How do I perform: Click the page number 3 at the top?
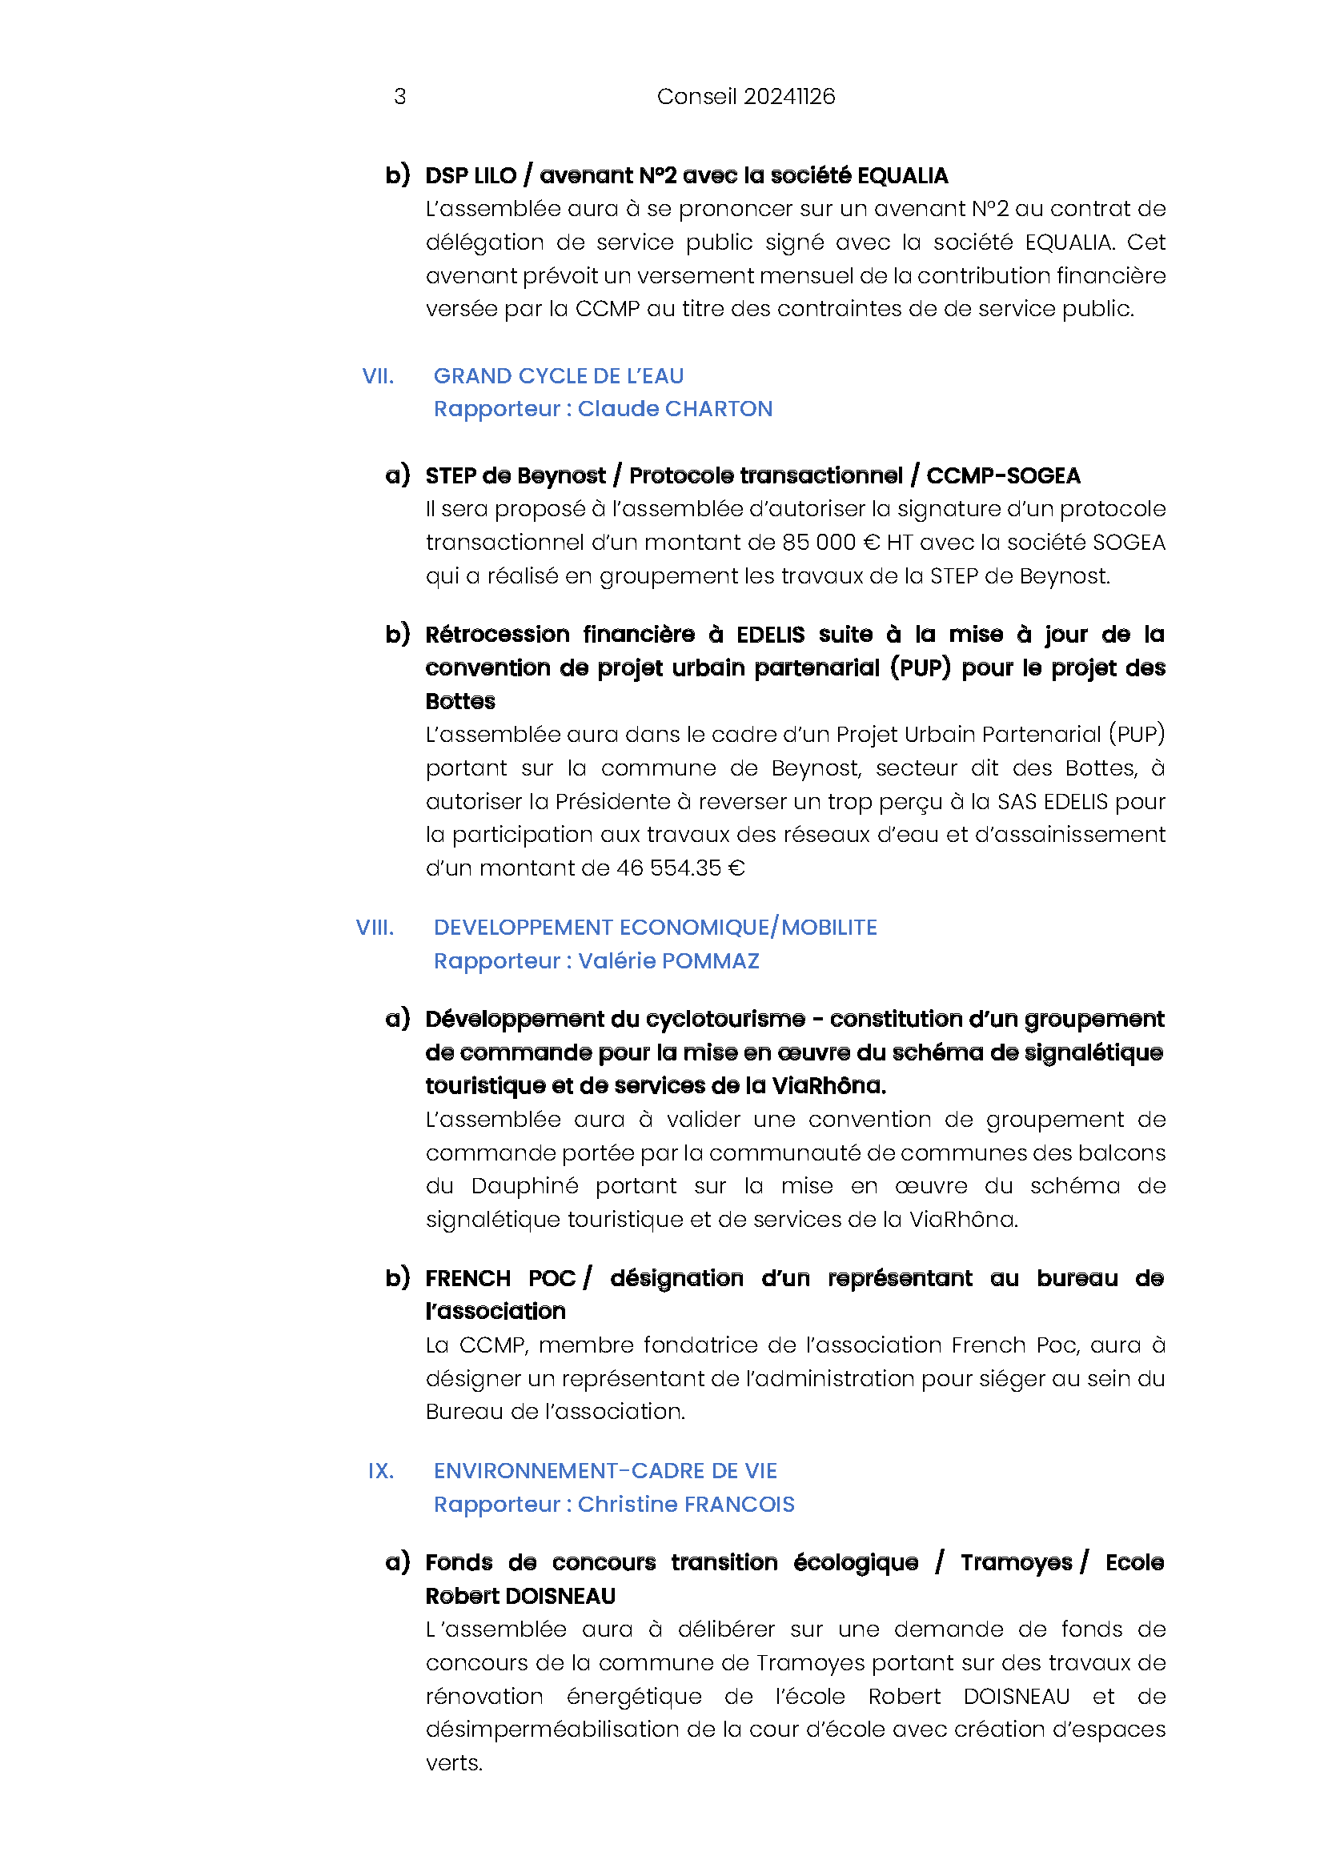tap(399, 96)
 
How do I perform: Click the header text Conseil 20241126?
tap(745, 96)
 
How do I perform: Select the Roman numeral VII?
tap(378, 376)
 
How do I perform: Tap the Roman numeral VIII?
tap(375, 927)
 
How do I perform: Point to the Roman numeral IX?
tap(381, 1471)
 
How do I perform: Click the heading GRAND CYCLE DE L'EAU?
tap(559, 376)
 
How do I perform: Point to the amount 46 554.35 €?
tap(680, 868)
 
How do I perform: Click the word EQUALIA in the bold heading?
tap(902, 175)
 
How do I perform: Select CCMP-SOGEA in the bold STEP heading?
tap(1003, 475)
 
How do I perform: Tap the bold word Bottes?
tap(459, 701)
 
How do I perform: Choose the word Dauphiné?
tap(524, 1185)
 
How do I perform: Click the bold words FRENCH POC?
tap(500, 1277)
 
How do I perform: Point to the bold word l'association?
tap(495, 1311)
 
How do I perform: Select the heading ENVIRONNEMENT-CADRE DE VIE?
tap(605, 1471)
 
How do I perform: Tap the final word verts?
tap(453, 1762)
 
